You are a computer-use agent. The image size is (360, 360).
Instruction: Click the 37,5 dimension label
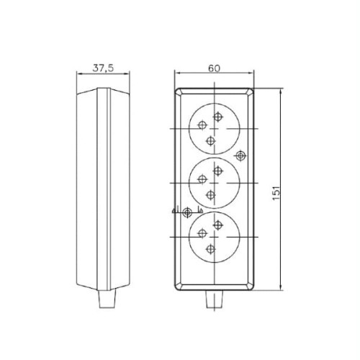(x=103, y=68)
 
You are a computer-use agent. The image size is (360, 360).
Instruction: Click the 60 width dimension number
(x=214, y=68)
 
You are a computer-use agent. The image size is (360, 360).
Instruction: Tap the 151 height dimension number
(x=276, y=193)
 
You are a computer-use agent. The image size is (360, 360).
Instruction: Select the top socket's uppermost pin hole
(x=217, y=117)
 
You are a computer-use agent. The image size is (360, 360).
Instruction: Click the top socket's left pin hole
(x=202, y=125)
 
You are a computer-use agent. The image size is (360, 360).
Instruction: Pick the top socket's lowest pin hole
(x=211, y=140)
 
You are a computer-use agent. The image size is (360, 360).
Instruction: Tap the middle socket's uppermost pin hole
(x=217, y=171)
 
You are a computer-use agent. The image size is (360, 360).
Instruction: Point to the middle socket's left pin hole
(x=202, y=179)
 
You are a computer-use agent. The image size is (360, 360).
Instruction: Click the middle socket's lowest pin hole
(x=211, y=194)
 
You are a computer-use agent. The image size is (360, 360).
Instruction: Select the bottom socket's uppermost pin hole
(x=217, y=225)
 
